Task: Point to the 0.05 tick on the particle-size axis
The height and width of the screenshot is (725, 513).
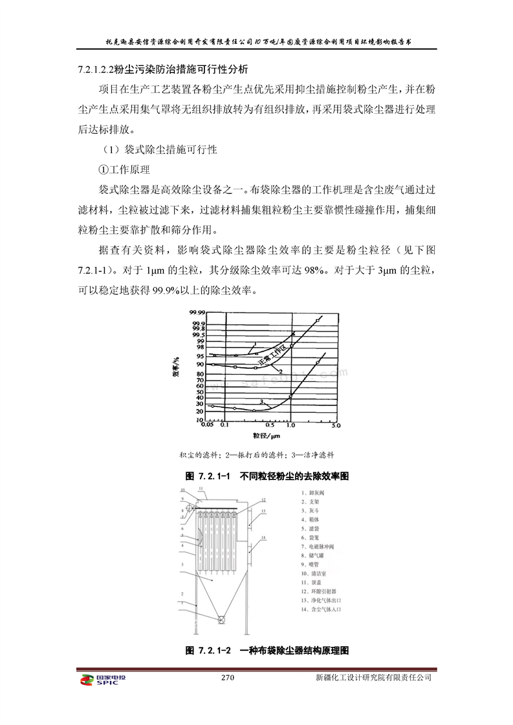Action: [208, 426]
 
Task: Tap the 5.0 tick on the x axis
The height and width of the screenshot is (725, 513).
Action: [335, 426]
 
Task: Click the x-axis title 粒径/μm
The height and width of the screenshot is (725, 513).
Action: [262, 437]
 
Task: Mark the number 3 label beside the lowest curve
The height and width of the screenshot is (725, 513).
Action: [243, 401]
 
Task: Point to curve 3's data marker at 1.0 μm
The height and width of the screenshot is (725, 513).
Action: [291, 395]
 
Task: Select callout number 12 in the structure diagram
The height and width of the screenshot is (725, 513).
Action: [264, 500]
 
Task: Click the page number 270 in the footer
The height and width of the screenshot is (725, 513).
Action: [227, 678]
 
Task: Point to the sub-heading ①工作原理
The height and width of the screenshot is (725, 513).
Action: [124, 170]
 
